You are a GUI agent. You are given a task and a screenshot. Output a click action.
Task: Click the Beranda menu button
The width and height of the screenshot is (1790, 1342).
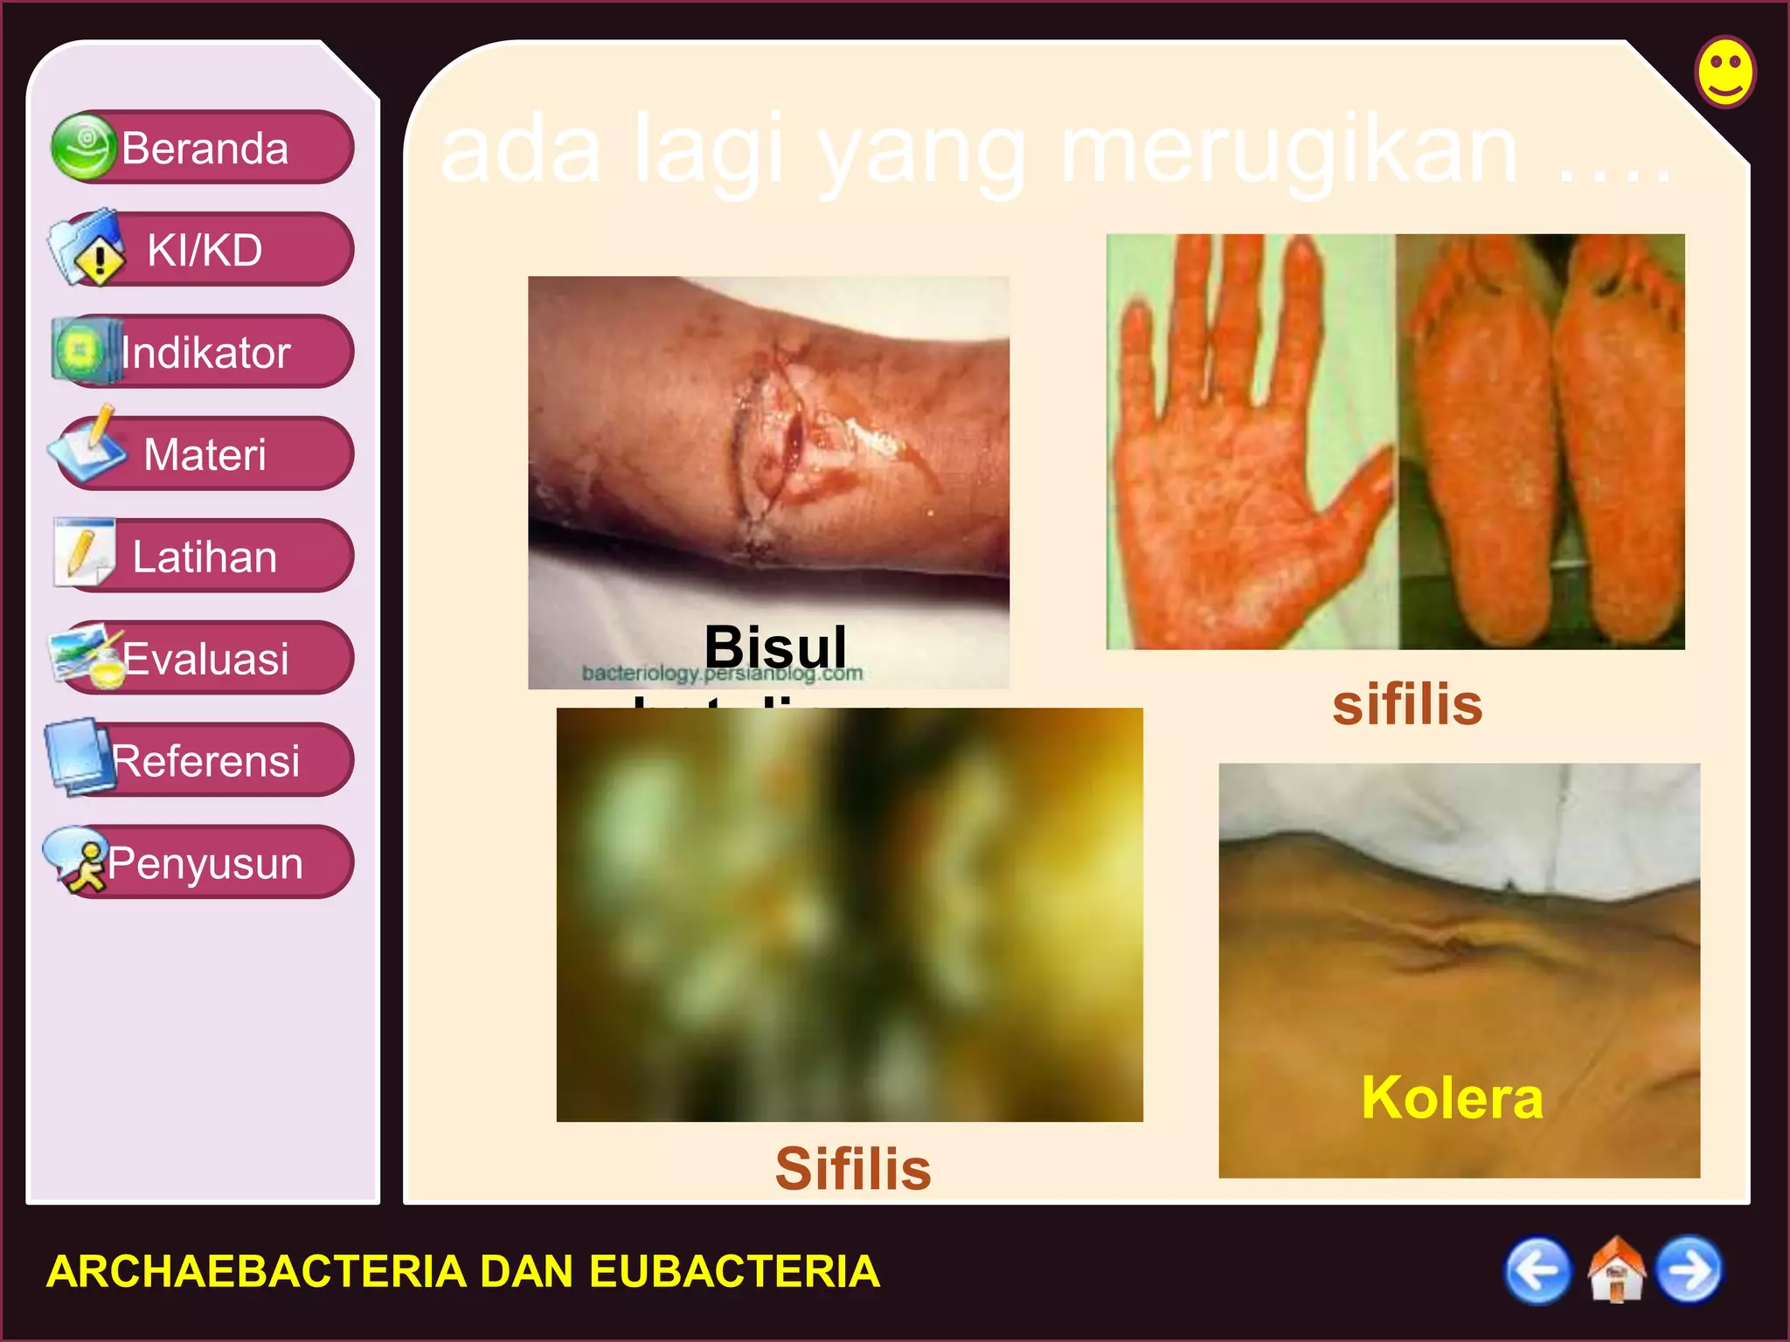[204, 148]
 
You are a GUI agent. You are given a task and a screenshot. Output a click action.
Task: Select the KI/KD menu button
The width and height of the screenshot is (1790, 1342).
[204, 250]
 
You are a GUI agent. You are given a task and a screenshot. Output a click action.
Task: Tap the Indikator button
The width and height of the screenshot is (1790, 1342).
[204, 352]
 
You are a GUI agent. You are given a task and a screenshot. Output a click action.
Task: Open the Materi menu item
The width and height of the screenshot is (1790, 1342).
[204, 454]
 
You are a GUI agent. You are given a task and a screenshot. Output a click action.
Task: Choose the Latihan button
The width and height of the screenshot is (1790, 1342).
[204, 557]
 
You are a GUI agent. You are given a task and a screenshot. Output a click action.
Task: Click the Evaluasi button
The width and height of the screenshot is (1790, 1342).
[204, 659]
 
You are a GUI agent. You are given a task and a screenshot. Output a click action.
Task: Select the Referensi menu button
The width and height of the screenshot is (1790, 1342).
[204, 761]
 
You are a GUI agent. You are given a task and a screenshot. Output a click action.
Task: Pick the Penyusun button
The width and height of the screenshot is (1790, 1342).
[204, 863]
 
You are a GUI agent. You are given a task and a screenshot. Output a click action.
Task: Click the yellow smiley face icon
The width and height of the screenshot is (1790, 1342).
[1724, 72]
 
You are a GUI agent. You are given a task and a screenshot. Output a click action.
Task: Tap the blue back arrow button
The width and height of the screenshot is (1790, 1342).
[1537, 1270]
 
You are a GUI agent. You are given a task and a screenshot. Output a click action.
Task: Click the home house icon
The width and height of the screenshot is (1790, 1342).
[1615, 1270]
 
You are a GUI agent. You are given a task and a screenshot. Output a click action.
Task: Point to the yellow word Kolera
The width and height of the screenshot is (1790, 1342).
[1452, 1097]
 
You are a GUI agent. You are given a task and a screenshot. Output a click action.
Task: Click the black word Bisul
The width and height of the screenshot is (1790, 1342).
[775, 647]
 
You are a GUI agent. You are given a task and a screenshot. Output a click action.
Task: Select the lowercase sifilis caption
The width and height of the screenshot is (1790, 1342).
[1407, 704]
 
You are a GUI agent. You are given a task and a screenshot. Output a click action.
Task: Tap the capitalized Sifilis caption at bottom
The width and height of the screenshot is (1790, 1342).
[853, 1168]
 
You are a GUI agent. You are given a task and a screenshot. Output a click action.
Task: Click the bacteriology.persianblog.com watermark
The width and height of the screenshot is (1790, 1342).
[722, 674]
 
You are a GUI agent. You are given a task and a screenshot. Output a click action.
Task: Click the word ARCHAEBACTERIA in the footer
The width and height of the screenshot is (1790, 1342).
[256, 1271]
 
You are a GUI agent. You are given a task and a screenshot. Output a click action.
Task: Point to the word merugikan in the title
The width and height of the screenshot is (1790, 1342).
[1289, 150]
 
